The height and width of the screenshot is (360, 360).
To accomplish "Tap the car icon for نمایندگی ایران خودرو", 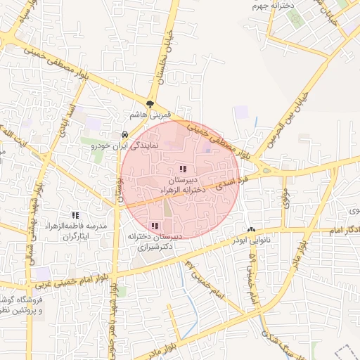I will pos(124,134).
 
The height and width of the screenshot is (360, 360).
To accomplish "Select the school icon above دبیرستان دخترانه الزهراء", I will pos(183,169).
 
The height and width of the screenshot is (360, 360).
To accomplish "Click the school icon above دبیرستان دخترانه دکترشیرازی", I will pos(155,226).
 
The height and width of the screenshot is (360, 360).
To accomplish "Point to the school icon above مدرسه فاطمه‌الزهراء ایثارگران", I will pos(75,215).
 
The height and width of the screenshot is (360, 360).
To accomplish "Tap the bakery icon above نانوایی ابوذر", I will pos(251,229).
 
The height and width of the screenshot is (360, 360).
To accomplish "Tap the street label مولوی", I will pos(285,197).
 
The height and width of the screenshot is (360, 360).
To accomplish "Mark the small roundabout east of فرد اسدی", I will pos(266,169).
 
